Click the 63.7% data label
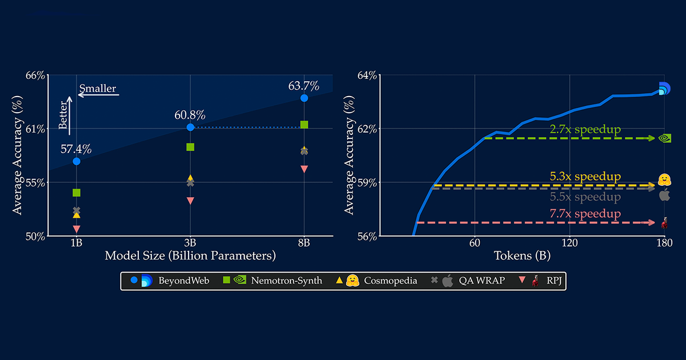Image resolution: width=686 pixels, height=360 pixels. tap(304, 86)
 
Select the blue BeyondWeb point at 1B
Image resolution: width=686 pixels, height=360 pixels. tap(77, 161)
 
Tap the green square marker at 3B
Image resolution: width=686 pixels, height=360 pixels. tap(190, 147)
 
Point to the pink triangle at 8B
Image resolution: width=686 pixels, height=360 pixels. tap(304, 169)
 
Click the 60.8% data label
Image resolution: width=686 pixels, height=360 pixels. tap(190, 115)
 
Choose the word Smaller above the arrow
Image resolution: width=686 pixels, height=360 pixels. tap(98, 89)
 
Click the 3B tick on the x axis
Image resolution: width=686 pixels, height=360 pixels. tap(190, 242)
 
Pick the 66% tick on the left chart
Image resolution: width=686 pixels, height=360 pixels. tap(36, 75)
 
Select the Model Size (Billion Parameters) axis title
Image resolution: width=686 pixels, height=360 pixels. tap(190, 255)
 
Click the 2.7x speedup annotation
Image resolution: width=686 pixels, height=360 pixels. tap(585, 129)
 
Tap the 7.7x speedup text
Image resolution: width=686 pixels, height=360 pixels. tap(585, 214)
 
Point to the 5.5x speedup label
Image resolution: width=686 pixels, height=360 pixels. tap(585, 197)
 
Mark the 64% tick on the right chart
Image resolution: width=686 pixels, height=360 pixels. tap(366, 75)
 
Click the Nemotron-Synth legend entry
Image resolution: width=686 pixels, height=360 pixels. tap(285, 281)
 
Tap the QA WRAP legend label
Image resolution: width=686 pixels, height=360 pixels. tap(482, 281)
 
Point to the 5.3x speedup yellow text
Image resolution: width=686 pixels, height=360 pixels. tap(585, 177)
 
